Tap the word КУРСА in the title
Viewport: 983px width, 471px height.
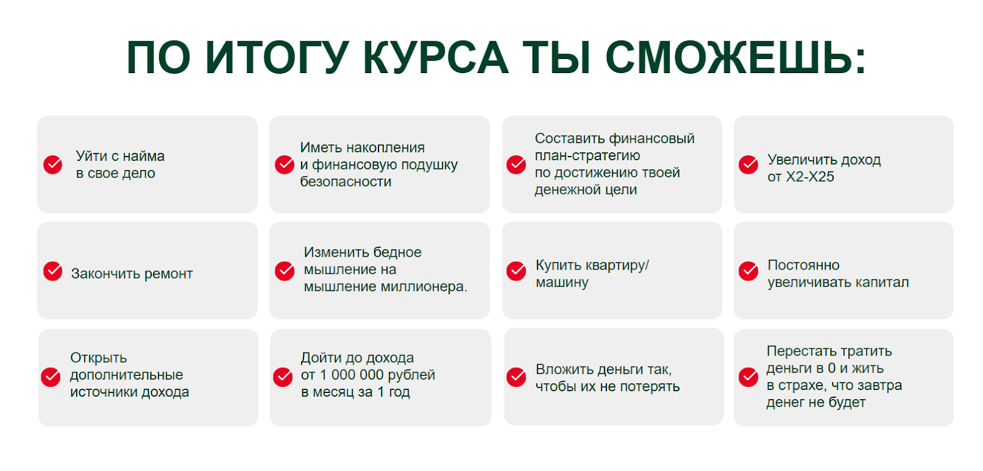point(436,58)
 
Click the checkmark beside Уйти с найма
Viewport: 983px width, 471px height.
point(53,165)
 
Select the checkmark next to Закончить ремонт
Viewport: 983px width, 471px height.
point(53,271)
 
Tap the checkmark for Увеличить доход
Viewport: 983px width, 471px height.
point(748,165)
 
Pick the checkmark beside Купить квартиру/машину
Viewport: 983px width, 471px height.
point(516,271)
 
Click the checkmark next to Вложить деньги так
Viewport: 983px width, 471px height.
point(516,377)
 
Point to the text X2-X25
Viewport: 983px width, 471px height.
point(810,177)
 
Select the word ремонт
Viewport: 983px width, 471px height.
point(168,274)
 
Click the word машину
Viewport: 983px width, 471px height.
point(562,283)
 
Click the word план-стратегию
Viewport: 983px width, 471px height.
point(587,156)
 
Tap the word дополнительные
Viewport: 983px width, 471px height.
point(127,375)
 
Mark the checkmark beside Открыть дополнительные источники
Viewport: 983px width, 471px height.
point(51,377)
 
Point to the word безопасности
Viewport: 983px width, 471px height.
point(346,182)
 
